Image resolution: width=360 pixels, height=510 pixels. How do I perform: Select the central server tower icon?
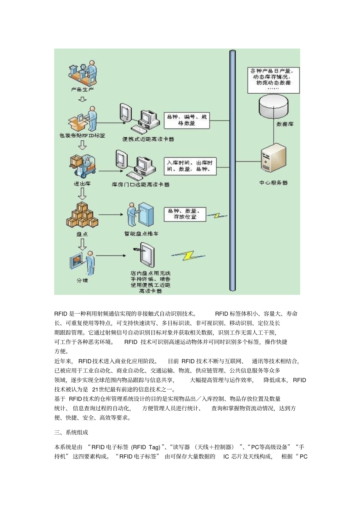(x=273, y=158)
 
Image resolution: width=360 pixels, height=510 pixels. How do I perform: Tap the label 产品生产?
(x=82, y=90)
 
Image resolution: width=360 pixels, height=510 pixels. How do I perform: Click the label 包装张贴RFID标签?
(x=82, y=135)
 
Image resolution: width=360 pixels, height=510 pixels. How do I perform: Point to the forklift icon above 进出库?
(x=83, y=166)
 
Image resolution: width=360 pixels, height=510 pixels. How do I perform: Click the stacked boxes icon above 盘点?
(x=82, y=215)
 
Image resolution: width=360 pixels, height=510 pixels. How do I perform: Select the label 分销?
(x=82, y=281)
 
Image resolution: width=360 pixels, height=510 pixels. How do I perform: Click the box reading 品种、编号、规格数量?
(x=186, y=120)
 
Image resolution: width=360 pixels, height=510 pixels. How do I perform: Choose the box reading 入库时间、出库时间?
(x=190, y=166)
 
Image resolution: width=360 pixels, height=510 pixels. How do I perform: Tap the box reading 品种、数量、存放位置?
(x=185, y=214)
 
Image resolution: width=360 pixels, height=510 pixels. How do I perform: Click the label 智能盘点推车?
(x=141, y=234)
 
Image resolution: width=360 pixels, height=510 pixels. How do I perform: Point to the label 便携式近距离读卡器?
(x=148, y=139)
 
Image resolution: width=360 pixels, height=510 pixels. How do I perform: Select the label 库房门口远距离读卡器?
(x=141, y=185)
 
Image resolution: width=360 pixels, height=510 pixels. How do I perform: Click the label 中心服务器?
(x=273, y=183)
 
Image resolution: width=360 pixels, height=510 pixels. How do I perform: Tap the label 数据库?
(x=285, y=124)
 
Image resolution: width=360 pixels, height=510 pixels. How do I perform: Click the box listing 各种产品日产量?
(x=273, y=80)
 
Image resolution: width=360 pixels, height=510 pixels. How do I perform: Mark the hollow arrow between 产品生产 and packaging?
(x=82, y=99)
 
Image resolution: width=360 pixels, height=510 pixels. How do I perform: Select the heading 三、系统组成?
(x=71, y=432)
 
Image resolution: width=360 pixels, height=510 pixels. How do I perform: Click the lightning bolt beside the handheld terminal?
(x=188, y=256)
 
